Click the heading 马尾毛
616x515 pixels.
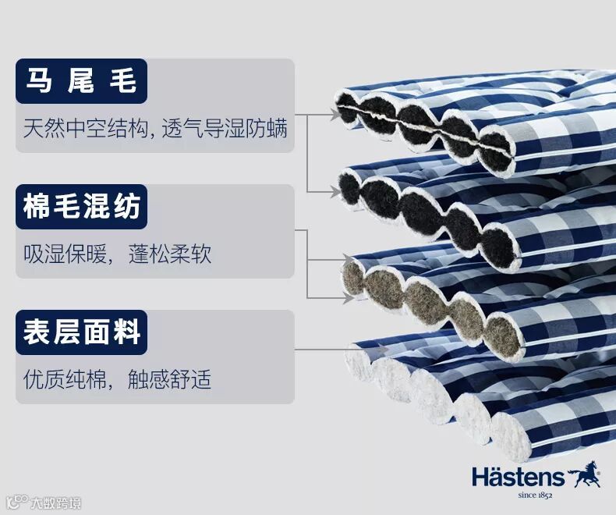pyautogui.click(x=81, y=81)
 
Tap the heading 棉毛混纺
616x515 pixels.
pyautogui.click(x=81, y=207)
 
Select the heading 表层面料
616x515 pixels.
pyautogui.click(x=81, y=332)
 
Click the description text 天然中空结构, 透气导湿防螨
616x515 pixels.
pyautogui.click(x=155, y=128)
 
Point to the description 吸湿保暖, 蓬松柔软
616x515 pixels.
pyautogui.click(x=117, y=254)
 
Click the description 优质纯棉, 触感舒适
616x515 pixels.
pyautogui.click(x=117, y=381)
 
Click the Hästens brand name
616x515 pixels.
pyautogui.click(x=517, y=477)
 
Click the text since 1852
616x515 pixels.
pyautogui.click(x=535, y=495)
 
